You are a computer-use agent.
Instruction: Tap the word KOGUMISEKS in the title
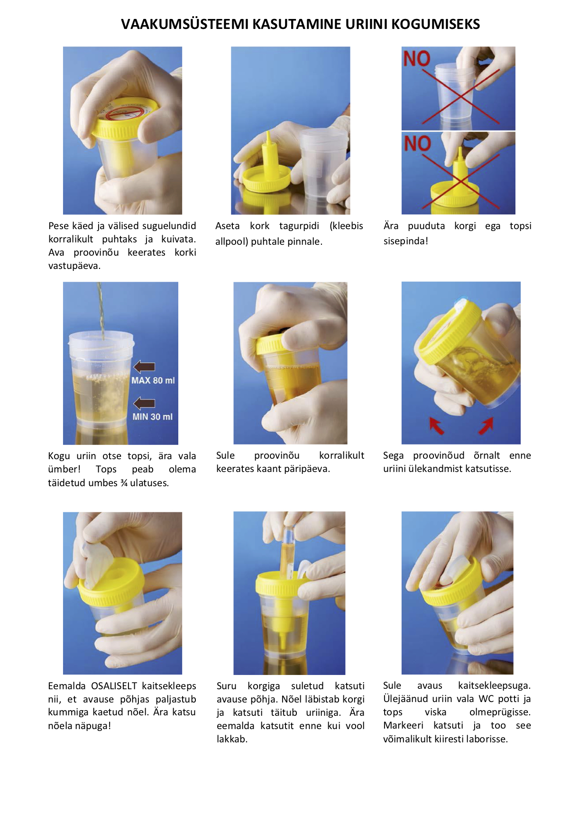point(436,24)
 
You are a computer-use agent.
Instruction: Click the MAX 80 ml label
point(153,380)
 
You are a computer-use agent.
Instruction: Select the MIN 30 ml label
point(153,417)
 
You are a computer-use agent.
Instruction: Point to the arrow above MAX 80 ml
point(145,367)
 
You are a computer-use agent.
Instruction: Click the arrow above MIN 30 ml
point(145,403)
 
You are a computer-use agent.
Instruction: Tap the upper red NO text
point(417,59)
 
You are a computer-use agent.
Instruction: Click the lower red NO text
point(417,143)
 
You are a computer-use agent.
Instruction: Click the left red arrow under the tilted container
point(436,425)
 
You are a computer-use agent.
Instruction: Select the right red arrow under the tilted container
point(486,425)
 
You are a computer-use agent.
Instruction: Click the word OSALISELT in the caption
point(114,686)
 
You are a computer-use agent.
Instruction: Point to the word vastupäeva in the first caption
point(74,266)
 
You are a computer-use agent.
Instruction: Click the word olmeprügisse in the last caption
point(500,712)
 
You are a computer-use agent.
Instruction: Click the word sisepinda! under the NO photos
point(406,241)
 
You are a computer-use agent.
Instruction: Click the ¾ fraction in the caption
point(124,483)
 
